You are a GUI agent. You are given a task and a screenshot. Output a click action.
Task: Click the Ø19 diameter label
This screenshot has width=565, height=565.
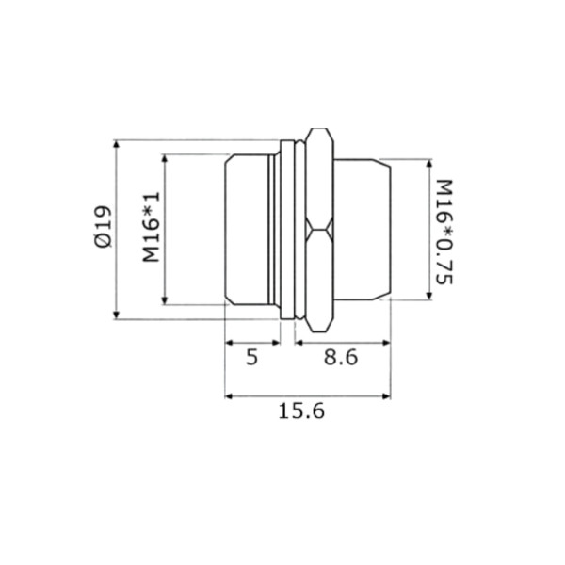click(103, 227)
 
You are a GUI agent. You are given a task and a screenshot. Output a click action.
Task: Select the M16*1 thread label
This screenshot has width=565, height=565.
click(151, 227)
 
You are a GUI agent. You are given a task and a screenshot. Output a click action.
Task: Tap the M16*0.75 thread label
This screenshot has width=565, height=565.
click(444, 232)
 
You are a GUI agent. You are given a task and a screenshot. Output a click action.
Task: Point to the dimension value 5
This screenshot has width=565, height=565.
click(252, 358)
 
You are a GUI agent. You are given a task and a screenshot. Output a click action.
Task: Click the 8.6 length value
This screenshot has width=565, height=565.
click(341, 358)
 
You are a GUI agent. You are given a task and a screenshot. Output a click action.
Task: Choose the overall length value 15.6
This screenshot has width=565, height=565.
click(301, 412)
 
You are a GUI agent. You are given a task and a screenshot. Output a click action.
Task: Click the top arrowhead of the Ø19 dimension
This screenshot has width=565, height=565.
click(116, 144)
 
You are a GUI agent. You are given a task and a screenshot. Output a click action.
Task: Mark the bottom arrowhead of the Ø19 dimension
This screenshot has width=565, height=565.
click(116, 315)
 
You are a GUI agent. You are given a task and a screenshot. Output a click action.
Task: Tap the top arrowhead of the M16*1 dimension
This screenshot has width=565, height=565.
click(165, 159)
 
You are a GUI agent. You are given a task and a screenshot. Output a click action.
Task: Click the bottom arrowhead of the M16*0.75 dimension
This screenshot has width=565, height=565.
click(428, 296)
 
